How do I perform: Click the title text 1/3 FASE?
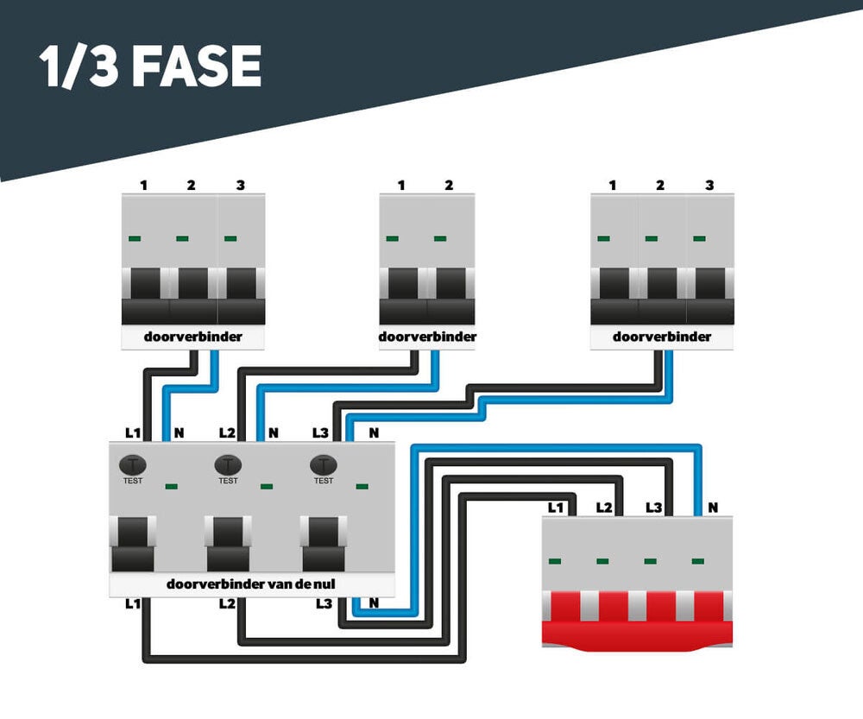150,66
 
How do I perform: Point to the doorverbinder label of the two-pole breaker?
427,336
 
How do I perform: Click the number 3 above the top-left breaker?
240,185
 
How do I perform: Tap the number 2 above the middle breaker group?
449,185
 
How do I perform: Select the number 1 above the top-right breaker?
612,185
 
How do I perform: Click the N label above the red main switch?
713,507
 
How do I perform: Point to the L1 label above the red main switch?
556,507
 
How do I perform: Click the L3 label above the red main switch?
653,507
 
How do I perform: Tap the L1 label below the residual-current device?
132,604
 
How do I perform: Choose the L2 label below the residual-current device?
227,604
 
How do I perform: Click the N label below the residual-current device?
373,604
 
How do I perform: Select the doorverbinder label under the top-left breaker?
192,337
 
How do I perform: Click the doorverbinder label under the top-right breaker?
662,337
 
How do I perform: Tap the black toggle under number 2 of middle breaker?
450,285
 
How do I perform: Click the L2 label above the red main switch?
604,507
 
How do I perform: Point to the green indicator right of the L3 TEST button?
362,486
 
